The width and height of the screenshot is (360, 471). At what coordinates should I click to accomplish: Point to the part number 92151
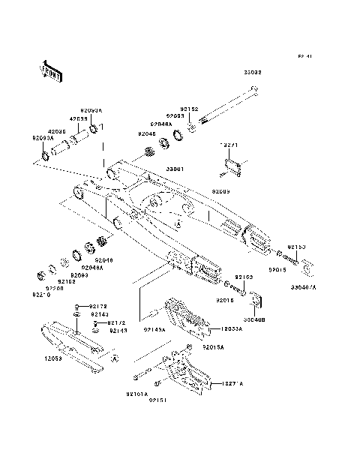click(x=157, y=400)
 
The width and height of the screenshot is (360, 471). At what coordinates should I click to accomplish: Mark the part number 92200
click(x=55, y=289)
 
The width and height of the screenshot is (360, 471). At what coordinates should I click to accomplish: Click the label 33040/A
click(x=304, y=286)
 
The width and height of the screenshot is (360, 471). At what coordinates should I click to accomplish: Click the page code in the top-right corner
click(x=304, y=56)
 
